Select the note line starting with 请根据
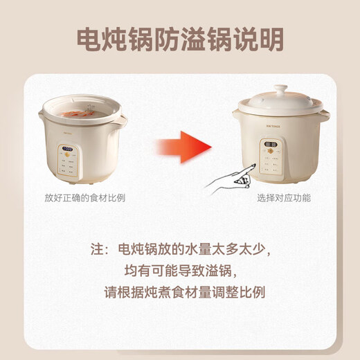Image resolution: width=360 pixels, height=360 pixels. (179, 292)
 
